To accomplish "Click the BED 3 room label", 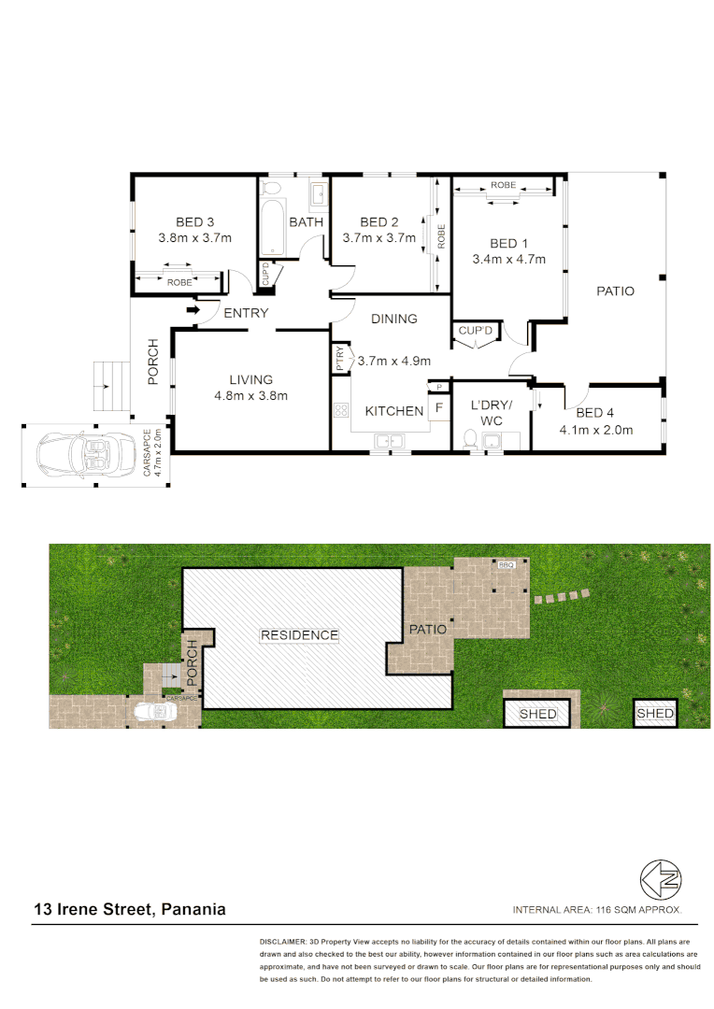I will pos(194,222).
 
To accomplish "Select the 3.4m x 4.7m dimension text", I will pos(508,260).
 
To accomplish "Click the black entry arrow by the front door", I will pos(193,310).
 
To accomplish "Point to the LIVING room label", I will pos(250,379).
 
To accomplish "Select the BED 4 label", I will pos(595,413).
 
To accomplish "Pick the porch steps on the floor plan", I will pos(109,383).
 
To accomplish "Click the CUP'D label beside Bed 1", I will pos(477,331).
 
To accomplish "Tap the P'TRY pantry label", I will pos(339,360).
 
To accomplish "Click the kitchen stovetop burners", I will pos(340,409).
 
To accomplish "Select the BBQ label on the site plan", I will pos(507,565).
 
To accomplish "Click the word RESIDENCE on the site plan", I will pos(299,634).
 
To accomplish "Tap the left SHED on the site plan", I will pos(537,714).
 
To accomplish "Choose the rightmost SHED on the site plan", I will pos(654,714).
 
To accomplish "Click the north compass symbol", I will pos(661,878).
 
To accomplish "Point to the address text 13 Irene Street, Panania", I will pos(130,909).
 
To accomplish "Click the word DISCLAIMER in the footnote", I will pos(282,943).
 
